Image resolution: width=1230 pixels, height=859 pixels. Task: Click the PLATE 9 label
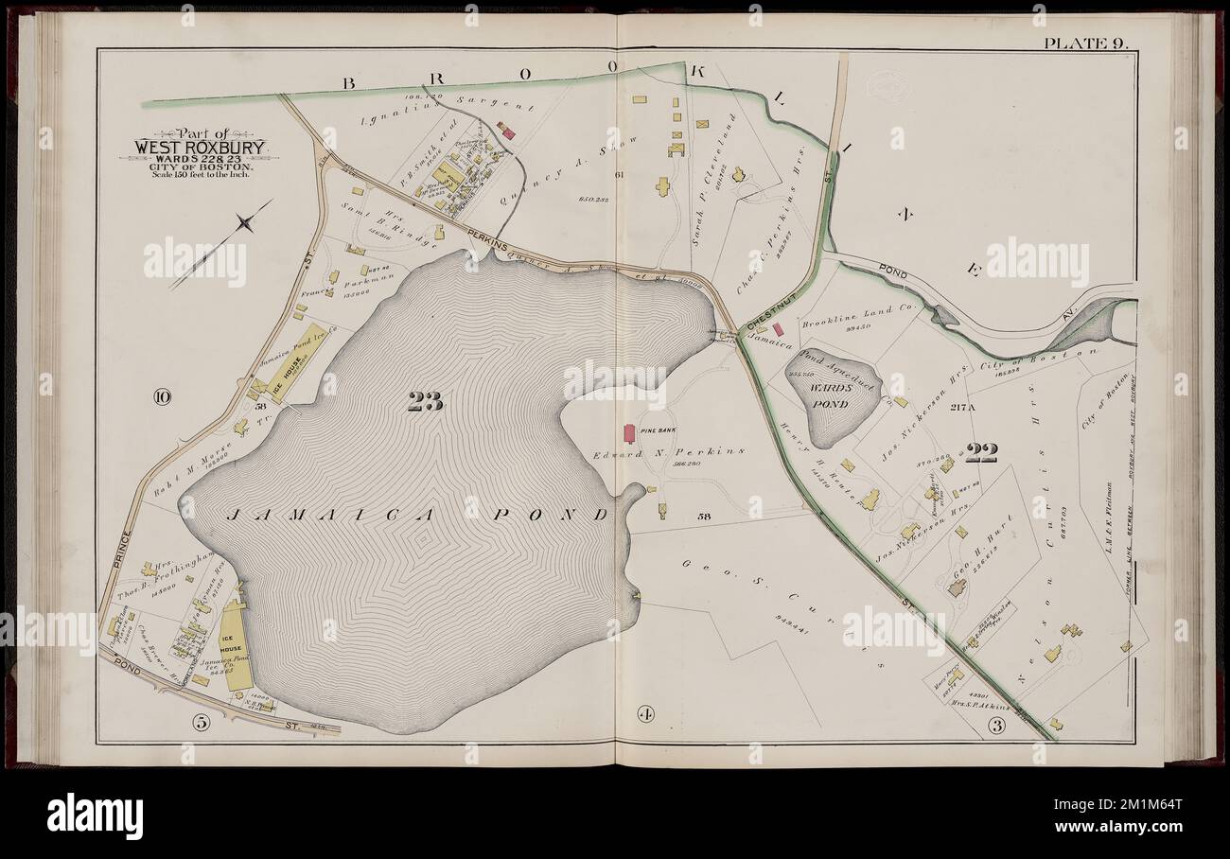coord(1081,44)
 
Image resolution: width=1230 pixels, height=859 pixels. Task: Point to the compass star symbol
coord(245,224)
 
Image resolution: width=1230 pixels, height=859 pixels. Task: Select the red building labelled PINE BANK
coord(627,433)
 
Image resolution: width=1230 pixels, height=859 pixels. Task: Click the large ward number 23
coord(425,402)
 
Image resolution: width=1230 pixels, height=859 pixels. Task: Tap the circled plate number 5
coord(200,723)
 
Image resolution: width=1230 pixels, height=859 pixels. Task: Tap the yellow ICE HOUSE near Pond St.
coord(233,644)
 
